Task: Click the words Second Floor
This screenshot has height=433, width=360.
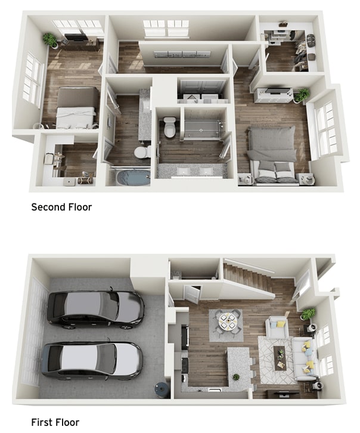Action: tap(61, 208)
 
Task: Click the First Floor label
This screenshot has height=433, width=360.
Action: tap(55, 422)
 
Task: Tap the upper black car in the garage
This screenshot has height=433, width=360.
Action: tap(95, 308)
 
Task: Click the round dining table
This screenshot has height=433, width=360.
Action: tap(227, 321)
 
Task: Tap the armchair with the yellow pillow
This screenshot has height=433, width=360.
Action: tap(277, 327)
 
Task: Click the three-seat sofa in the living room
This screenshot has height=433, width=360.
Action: tap(304, 358)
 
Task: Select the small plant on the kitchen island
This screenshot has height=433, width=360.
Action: tap(236, 376)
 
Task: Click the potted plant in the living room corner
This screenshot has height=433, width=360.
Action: tap(308, 314)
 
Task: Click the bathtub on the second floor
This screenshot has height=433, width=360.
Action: tap(132, 177)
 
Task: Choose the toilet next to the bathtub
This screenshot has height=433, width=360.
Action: tap(142, 153)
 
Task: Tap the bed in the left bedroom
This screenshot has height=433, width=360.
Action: tap(76, 108)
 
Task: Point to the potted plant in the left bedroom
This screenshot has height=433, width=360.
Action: tap(51, 40)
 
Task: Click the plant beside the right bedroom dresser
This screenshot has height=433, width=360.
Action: tap(302, 94)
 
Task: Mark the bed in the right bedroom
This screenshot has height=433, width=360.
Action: tap(272, 154)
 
